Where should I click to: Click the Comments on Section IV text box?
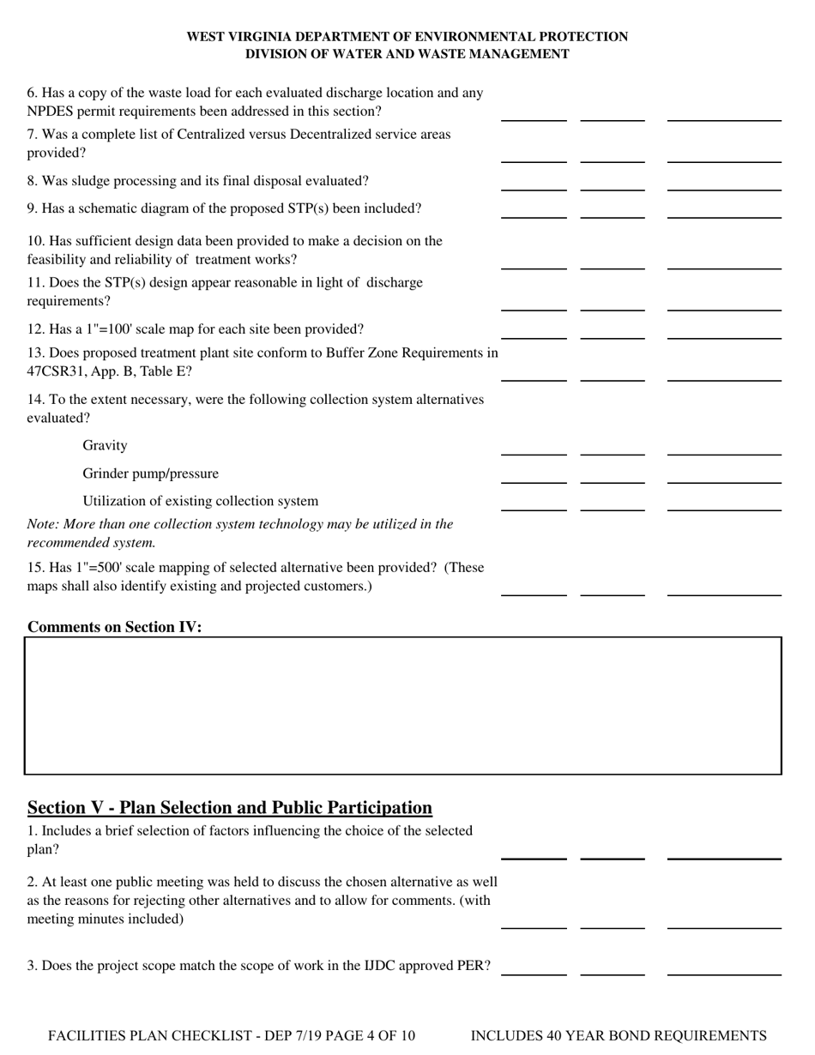tap(403, 705)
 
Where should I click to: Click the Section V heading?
tap(230, 807)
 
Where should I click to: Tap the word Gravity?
tap(105, 445)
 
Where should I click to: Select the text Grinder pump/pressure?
tap(150, 473)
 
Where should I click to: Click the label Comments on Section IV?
tap(115, 627)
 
